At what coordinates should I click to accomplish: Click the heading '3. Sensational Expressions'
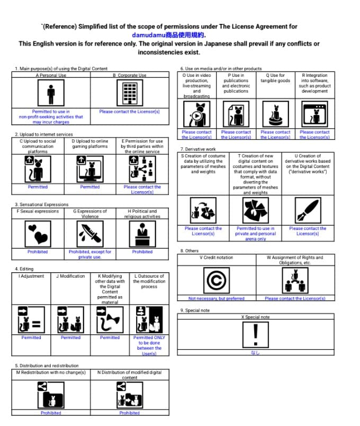(42, 204)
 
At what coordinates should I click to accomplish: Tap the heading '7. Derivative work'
(199, 149)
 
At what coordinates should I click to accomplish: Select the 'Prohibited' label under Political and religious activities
(142, 252)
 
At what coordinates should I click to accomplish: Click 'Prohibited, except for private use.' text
(89, 254)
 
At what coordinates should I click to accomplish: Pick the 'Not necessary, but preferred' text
(217, 298)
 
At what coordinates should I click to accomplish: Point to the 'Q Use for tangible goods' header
(275, 78)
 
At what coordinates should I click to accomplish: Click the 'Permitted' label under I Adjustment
(31, 338)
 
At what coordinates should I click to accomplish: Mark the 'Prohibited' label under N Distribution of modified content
(129, 413)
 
